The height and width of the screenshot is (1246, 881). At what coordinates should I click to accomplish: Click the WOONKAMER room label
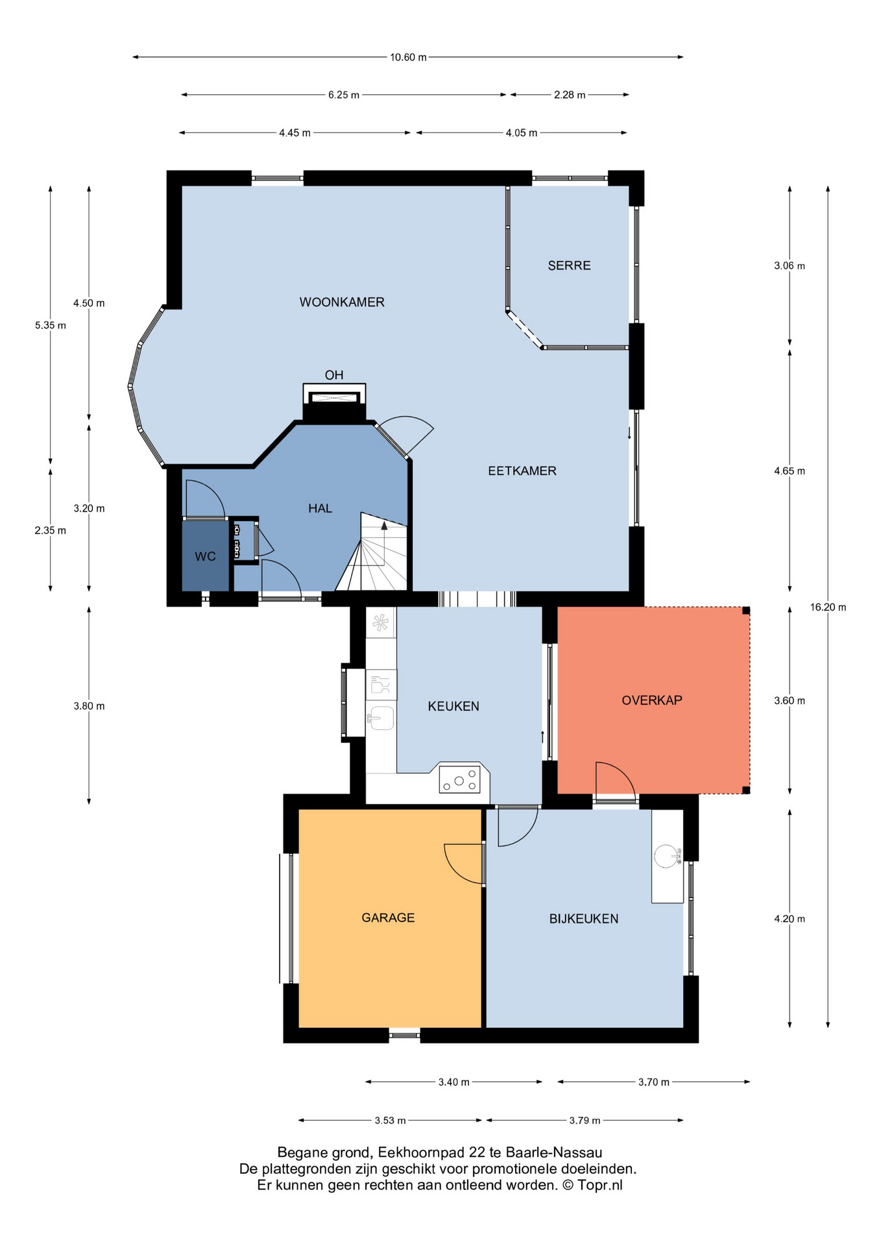click(342, 302)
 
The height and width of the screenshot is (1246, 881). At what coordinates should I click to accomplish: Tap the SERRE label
click(569, 265)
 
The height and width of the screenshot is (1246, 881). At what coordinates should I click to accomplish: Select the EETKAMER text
click(522, 471)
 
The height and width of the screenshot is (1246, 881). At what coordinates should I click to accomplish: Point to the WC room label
click(205, 557)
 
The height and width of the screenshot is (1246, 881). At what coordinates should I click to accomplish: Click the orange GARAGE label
click(388, 918)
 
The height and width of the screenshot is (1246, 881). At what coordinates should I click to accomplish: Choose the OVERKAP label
click(652, 700)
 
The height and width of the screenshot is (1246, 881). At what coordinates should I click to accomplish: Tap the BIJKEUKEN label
click(584, 919)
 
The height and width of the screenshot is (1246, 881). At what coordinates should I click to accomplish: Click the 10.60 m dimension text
click(408, 57)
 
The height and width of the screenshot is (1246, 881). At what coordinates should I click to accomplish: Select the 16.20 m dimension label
click(828, 607)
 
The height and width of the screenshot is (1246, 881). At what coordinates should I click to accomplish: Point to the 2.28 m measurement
click(570, 95)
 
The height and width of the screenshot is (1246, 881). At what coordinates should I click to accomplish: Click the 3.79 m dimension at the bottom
click(585, 1121)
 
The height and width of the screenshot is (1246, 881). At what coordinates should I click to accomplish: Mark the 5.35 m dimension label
click(51, 325)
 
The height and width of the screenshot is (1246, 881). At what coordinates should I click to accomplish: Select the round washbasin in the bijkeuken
click(668, 856)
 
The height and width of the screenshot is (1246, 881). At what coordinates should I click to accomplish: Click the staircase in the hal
click(372, 552)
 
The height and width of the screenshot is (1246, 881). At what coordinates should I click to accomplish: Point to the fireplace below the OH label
click(334, 403)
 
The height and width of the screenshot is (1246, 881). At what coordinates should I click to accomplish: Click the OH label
click(334, 375)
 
